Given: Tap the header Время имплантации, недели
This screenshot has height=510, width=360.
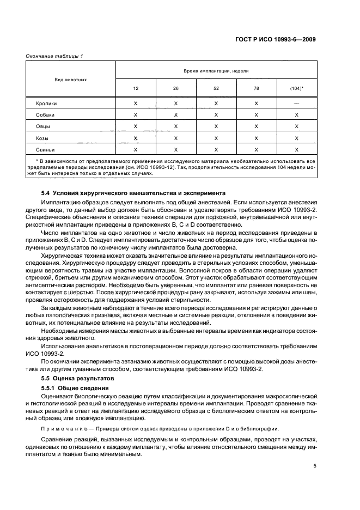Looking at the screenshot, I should [x=216, y=71].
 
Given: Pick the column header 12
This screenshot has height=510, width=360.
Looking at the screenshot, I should [x=136, y=88].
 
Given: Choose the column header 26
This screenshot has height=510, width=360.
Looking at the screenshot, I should [x=176, y=88].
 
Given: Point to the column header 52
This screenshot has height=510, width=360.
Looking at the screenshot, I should [x=216, y=88].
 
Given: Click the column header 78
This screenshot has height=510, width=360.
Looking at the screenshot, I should [x=257, y=88].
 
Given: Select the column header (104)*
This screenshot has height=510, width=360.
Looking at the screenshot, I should [x=297, y=88].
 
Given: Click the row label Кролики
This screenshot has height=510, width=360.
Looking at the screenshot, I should [x=46, y=104].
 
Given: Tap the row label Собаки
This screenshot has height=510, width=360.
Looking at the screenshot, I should [x=45, y=115].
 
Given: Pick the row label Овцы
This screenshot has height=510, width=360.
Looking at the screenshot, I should [x=43, y=126].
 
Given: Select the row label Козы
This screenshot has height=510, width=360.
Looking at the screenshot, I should [x=42, y=138].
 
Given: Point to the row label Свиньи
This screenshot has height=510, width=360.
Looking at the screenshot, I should [x=45, y=150].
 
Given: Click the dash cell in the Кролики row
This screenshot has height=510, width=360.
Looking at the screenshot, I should [x=297, y=104].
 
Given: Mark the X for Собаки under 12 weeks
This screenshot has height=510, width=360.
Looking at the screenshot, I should [x=136, y=115].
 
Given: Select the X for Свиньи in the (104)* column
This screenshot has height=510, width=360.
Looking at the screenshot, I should [x=297, y=150].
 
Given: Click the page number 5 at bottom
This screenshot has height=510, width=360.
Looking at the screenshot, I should [x=315, y=466].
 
